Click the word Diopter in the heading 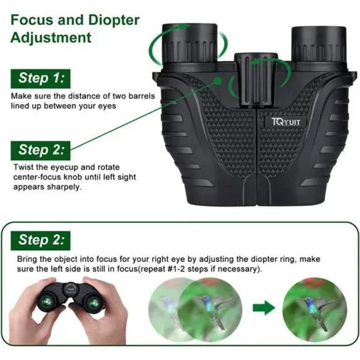(x=114, y=20)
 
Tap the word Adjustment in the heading (x=51, y=37)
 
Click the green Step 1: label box (x=40, y=79)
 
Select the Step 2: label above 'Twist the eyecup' (x=40, y=150)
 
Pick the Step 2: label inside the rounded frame (x=40, y=240)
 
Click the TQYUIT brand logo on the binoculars (x=286, y=122)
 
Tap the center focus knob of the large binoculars (x=256, y=79)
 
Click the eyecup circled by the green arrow (x=190, y=43)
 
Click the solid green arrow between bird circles (x=264, y=307)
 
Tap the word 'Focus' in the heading (x=32, y=20)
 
